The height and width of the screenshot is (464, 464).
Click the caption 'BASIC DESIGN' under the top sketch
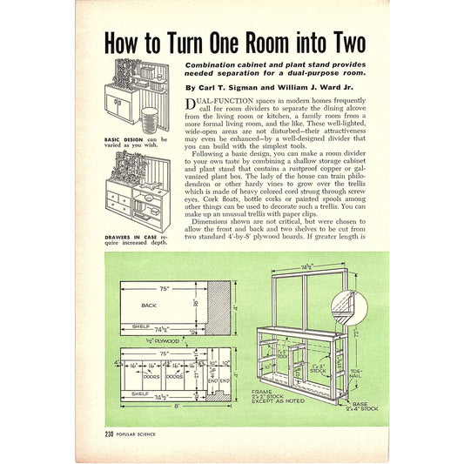point(124,138)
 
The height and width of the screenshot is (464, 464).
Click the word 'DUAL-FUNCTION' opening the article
point(218,103)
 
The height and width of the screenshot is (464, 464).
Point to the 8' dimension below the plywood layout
point(177,406)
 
